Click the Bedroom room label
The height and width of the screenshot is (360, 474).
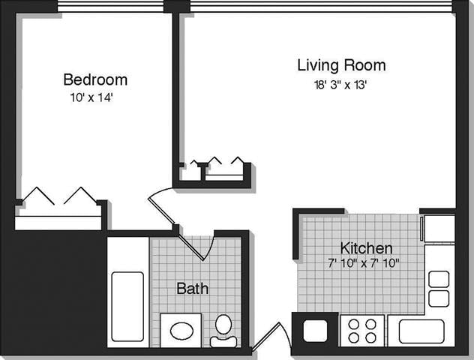94,79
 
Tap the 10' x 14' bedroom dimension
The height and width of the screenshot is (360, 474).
91,97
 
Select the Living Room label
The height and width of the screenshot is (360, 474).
341,65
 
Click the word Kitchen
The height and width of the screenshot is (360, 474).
366,248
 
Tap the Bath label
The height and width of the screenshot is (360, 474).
192,288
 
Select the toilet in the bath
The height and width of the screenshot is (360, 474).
223,330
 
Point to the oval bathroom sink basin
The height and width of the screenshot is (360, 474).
181,330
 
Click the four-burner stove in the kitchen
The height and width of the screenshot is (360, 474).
362,331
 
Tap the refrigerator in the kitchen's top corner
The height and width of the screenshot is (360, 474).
439,228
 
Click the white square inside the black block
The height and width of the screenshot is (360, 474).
314,331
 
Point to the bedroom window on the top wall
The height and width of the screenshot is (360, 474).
111,7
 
